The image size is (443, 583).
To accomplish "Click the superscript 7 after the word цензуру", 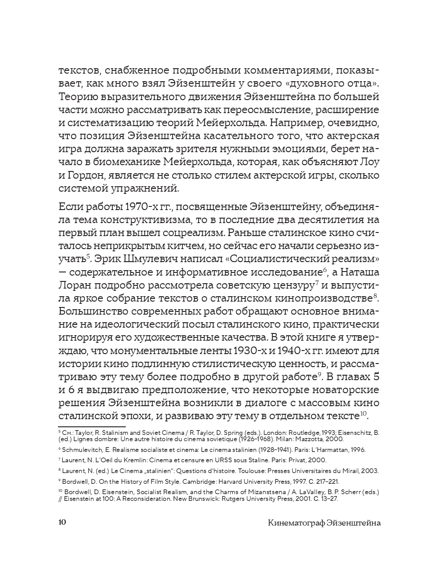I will click(x=317, y=282).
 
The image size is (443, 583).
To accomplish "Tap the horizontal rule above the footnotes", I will click(x=92, y=426).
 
